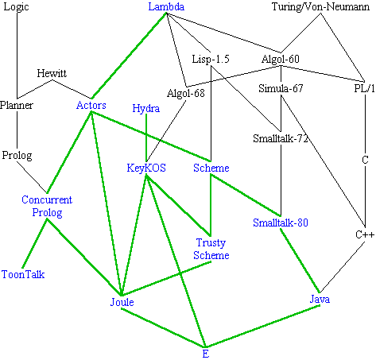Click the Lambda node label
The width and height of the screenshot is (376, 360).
166,6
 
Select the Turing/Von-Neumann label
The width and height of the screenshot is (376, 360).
320,6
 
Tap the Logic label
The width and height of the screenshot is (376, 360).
16,7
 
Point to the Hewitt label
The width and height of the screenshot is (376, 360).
52,73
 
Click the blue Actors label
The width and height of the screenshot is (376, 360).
91,105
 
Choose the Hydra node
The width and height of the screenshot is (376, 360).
146,109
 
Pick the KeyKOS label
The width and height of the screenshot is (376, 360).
146,168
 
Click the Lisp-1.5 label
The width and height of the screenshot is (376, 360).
211,59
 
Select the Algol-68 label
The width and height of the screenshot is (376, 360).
186,93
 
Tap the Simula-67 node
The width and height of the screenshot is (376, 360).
281,88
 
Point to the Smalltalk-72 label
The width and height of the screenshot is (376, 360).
281,138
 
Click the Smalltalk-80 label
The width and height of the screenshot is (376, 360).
281,223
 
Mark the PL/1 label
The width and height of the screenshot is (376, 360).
365,88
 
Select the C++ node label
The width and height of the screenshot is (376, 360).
365,234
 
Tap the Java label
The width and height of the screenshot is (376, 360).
320,299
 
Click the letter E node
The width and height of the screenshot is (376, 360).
206,354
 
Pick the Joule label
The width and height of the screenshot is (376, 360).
122,302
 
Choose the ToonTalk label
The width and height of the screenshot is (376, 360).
23,274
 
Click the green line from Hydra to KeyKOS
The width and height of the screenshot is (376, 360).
146,137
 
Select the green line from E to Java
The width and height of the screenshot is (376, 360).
263,326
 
